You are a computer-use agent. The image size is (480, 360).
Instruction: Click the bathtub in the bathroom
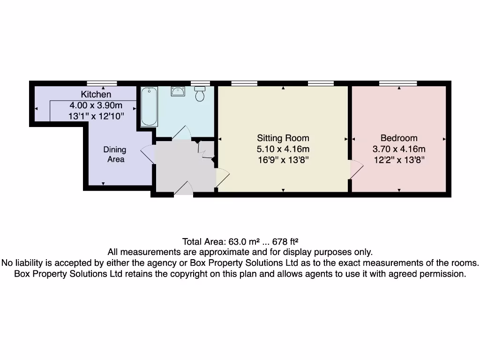tap(149, 106)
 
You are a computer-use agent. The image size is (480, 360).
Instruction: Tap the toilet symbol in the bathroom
tap(200, 94)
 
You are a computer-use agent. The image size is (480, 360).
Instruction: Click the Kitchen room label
tap(96, 94)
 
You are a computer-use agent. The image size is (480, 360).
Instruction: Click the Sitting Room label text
tap(283, 138)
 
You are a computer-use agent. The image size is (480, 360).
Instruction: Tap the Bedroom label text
tap(399, 138)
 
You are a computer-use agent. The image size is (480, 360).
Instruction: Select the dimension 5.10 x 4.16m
tap(283, 150)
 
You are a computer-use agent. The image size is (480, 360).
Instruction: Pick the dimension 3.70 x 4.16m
tap(399, 150)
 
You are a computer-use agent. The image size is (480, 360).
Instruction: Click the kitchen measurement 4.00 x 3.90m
tap(96, 105)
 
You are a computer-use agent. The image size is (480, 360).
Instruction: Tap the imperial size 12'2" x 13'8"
tap(399, 160)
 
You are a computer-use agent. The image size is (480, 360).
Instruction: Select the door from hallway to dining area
tap(148, 154)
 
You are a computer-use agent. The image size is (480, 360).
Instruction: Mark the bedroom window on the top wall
tap(398, 83)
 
